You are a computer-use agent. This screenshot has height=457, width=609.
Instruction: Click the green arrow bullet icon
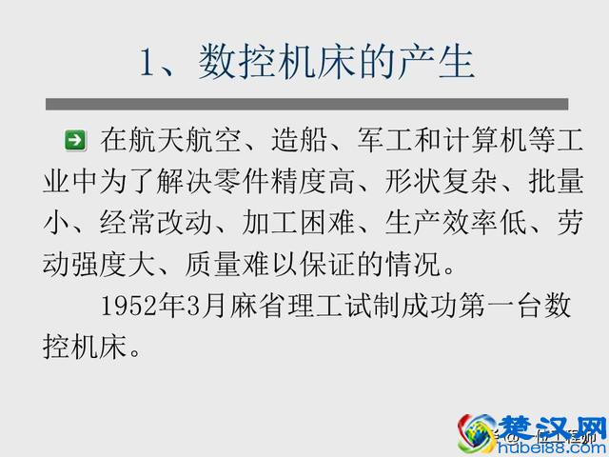75,141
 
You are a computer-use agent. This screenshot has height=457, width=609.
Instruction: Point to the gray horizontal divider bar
306,103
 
